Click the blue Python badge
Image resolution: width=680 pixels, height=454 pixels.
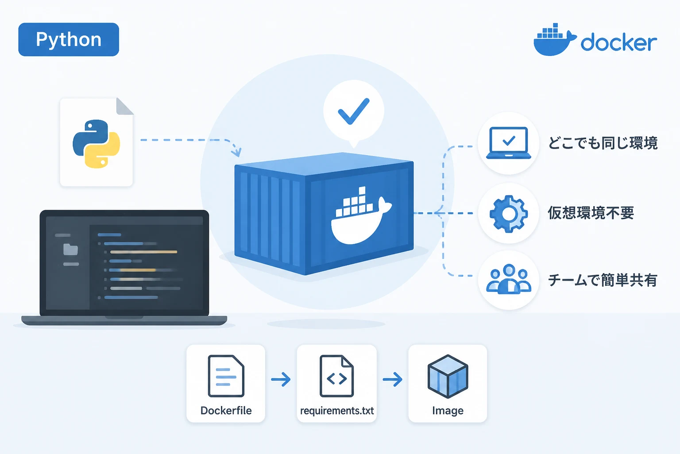[x=69, y=39]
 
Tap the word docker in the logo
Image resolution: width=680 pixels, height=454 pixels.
[x=618, y=42]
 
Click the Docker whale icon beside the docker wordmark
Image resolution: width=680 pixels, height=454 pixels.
[x=555, y=39]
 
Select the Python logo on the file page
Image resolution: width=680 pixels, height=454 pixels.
[x=96, y=144]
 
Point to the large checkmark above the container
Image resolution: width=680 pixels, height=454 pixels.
[x=354, y=111]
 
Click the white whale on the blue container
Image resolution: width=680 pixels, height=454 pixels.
[x=361, y=215]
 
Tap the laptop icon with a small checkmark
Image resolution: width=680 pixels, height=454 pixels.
[x=509, y=143]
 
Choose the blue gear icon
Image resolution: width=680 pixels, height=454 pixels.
[x=509, y=214]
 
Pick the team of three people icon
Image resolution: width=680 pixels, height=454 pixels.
[x=509, y=279]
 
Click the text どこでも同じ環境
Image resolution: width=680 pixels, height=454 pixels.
[x=603, y=143]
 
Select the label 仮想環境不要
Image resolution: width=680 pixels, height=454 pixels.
[x=591, y=213]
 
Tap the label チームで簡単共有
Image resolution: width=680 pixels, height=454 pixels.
[x=603, y=280]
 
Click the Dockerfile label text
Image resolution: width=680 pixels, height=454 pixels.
[x=226, y=411]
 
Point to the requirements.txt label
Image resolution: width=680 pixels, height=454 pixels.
[x=337, y=411]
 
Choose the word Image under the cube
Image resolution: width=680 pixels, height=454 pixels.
[x=448, y=411]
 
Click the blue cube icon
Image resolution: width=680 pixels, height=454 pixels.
[x=448, y=376]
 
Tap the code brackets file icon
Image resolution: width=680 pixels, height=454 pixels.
[x=336, y=376]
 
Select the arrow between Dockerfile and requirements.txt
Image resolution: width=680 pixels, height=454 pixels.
[x=281, y=379]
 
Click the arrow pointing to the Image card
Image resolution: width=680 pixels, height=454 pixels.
[x=393, y=379]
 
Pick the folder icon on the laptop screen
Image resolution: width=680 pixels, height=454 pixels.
[x=70, y=249]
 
